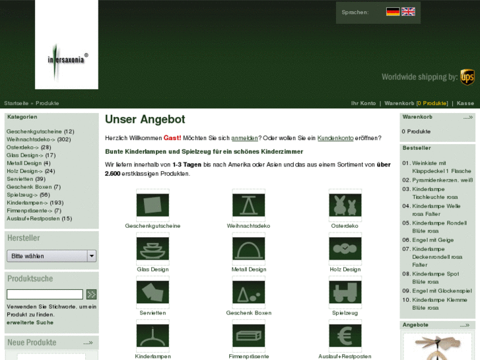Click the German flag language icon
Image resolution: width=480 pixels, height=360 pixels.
(393, 11)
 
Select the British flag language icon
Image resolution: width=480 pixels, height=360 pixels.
(409, 11)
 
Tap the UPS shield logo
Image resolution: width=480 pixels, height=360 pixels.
(467, 77)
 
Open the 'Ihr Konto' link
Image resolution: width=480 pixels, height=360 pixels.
(363, 103)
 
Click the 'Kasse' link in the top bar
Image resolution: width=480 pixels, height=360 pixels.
(465, 103)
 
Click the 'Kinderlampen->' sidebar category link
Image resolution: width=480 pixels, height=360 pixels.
(28, 203)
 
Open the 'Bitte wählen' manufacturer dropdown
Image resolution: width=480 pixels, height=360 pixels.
(51, 256)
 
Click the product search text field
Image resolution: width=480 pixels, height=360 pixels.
(45, 294)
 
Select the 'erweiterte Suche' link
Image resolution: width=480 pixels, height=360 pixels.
(30, 322)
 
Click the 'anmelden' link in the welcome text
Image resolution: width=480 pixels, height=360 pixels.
(244, 137)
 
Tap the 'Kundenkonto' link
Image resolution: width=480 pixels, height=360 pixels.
(335, 137)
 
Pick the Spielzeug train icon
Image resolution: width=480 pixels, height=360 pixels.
(345, 292)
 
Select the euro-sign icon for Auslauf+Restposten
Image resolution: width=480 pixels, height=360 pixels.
(345, 336)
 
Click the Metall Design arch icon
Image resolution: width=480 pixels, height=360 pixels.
(249, 249)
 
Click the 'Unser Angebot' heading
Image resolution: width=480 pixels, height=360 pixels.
(145, 120)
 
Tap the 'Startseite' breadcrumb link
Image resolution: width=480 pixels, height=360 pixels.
(16, 103)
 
